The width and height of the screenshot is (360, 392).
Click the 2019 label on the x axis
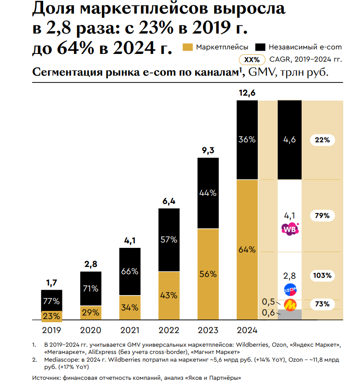click(x=52, y=330)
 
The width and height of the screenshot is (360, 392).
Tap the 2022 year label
click(x=168, y=330)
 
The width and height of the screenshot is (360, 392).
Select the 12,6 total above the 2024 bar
click(x=247, y=93)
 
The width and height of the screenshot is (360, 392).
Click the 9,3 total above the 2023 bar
click(x=208, y=150)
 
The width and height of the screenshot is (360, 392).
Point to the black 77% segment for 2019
click(x=52, y=300)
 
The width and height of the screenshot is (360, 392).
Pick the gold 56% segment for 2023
click(x=208, y=274)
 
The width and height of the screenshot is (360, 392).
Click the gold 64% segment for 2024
click(x=247, y=250)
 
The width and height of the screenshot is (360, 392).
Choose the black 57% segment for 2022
click(x=168, y=240)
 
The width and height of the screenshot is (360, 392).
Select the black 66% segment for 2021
click(x=130, y=271)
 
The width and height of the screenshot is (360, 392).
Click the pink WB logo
click(x=290, y=229)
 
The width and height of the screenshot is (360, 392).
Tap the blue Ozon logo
click(x=290, y=289)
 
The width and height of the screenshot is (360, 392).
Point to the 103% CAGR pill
click(x=322, y=275)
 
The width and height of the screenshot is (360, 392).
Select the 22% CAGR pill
click(x=322, y=140)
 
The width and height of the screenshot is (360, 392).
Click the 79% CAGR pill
click(x=322, y=215)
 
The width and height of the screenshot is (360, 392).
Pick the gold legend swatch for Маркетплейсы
click(x=187, y=47)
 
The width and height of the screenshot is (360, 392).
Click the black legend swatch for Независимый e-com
click(x=260, y=47)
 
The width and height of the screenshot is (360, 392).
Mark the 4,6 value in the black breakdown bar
click(x=290, y=140)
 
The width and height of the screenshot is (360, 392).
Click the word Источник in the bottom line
click(x=48, y=378)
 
